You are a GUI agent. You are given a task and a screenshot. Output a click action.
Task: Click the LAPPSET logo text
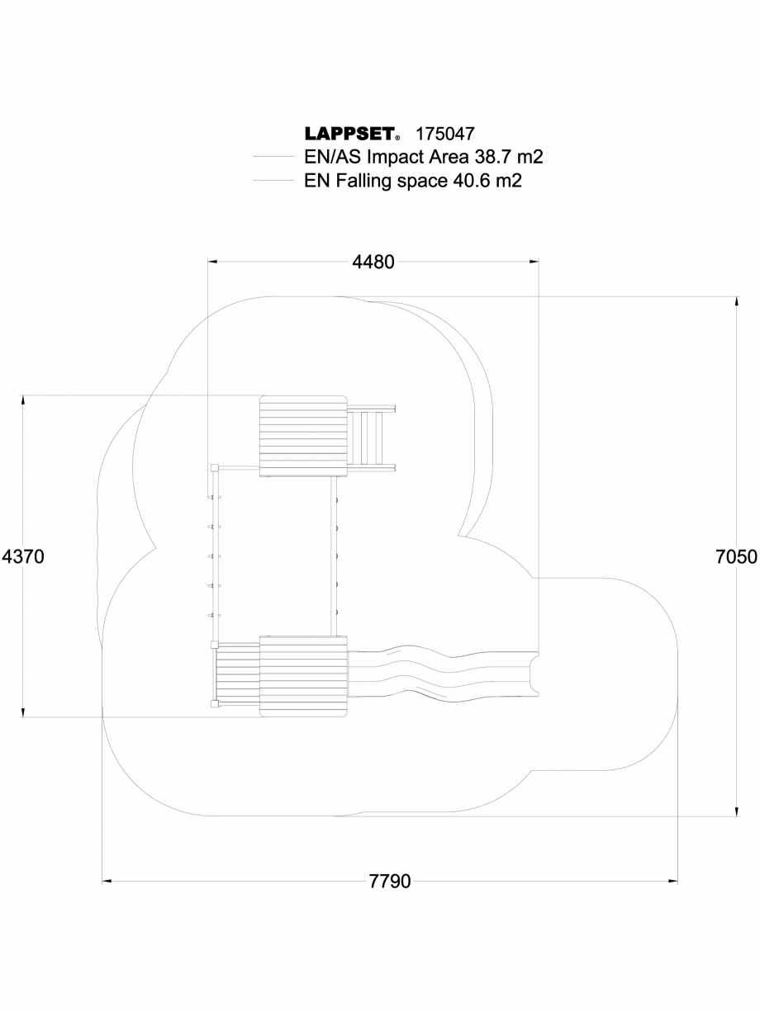pos(348,134)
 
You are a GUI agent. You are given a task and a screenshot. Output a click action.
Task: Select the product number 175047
pos(444,134)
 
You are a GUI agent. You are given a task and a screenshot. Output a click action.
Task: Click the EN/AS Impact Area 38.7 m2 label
pos(423,157)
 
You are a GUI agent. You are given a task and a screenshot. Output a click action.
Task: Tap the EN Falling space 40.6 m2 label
pos(413,181)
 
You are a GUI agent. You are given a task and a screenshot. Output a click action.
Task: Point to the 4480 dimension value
pos(373,262)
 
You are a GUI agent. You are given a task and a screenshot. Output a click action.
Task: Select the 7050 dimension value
pos(736,556)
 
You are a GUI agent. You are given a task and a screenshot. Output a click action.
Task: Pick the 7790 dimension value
pos(389,882)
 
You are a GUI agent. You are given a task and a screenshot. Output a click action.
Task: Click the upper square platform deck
pos(302,436)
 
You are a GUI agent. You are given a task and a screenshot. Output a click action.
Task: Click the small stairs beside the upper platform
pos(370,437)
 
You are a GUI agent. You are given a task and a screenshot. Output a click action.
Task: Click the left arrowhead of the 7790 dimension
pos(107,882)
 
